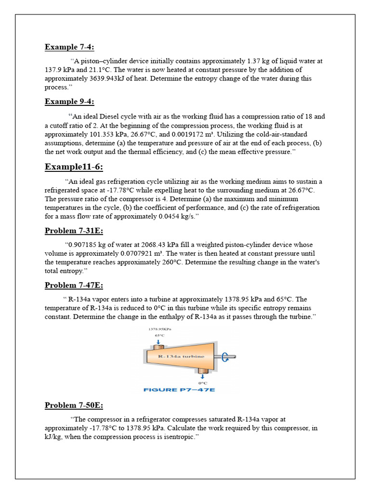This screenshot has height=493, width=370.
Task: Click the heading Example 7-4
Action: click(69, 47)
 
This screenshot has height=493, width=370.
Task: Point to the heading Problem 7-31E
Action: click(74, 231)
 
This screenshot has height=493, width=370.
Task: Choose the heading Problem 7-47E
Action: click(74, 285)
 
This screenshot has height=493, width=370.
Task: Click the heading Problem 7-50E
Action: click(74, 405)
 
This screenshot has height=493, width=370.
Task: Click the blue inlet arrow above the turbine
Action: click(159, 342)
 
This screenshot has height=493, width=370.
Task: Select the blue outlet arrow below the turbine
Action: click(203, 376)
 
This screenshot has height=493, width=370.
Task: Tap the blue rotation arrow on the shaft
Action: click(225, 356)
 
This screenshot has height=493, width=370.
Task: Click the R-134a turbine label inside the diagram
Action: click(181, 356)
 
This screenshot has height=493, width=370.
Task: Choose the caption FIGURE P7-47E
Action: click(179, 389)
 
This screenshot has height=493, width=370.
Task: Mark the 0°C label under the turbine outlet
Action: click(203, 383)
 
